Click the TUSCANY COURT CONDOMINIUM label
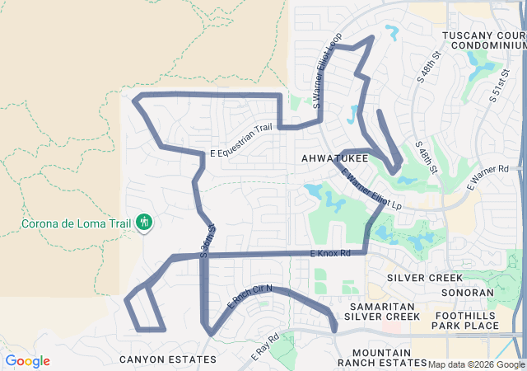click(483, 40)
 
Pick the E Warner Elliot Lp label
click(370, 189)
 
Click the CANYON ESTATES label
click(168, 359)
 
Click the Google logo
click(26, 361)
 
